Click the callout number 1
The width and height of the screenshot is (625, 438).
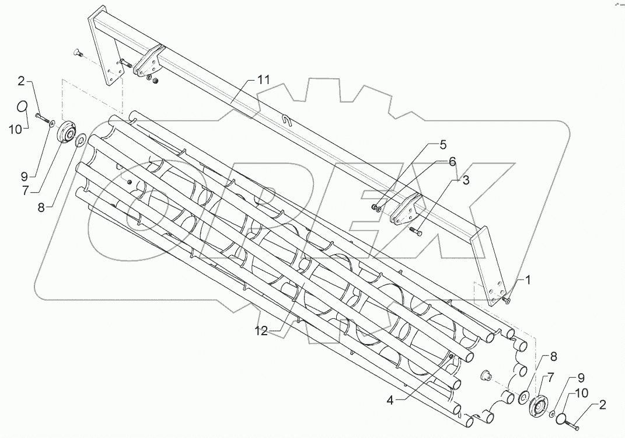tap(528, 281)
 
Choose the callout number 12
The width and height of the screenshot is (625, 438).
tap(261, 331)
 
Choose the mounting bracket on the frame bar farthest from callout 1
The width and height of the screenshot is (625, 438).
tap(146, 62)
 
